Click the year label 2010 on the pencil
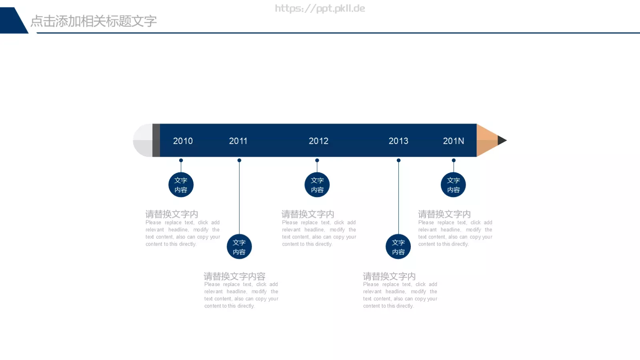[183, 141]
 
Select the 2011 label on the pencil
[238, 141]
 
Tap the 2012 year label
[318, 141]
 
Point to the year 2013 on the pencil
[398, 141]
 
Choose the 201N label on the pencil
[454, 141]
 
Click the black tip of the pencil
[502, 140]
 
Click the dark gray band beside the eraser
[156, 140]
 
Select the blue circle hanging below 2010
[181, 185]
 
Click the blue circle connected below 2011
[239, 247]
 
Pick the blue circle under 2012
[317, 185]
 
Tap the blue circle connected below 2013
[398, 247]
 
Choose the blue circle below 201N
[454, 185]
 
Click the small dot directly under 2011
[239, 160]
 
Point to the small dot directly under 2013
[398, 160]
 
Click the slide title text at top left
[94, 21]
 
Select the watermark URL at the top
[320, 8]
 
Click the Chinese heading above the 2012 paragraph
[308, 214]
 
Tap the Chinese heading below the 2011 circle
[234, 276]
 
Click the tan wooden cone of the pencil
[486, 140]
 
